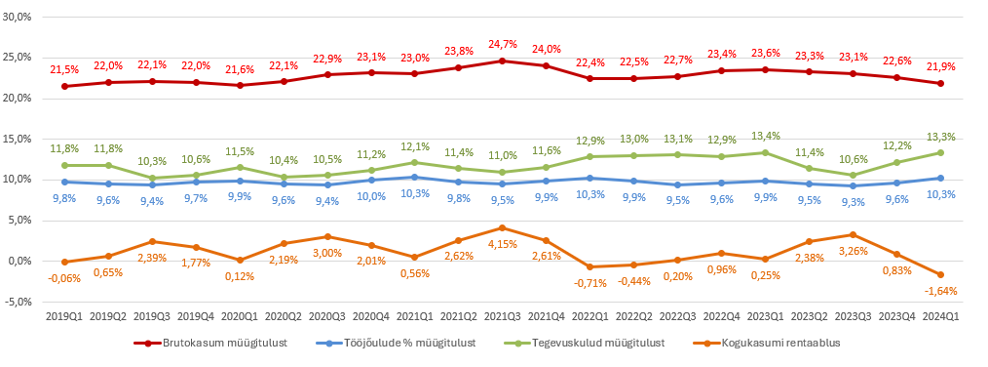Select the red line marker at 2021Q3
pyautogui.click(x=502, y=61)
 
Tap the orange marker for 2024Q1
pyautogui.click(x=940, y=274)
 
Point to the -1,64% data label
pyautogui.click(x=940, y=290)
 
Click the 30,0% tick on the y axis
pyautogui.click(x=19, y=17)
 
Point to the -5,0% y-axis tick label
pyautogui.click(x=19, y=302)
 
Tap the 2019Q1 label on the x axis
pyautogui.click(x=64, y=317)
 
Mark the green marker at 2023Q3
pyautogui.click(x=853, y=176)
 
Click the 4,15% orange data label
pyautogui.click(x=502, y=243)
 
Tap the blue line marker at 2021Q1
pyautogui.click(x=415, y=177)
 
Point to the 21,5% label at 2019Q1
pyautogui.click(x=64, y=69)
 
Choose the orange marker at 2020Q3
pyautogui.click(x=327, y=236)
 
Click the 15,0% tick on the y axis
pyautogui.click(x=19, y=139)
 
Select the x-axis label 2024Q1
pyautogui.click(x=940, y=317)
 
